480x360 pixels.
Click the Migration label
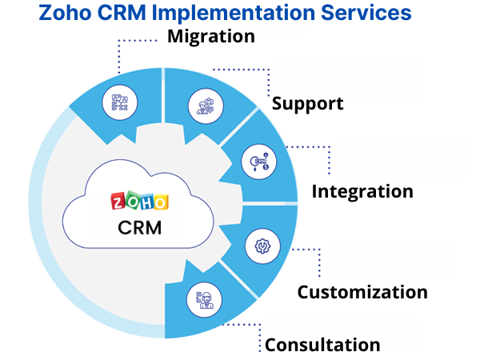pos(211,36)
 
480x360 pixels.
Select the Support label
pos(307,103)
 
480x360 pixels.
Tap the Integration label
pos(362,191)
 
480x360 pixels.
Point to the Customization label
pos(362,292)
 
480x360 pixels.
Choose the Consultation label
pos(322,345)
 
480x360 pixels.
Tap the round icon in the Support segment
pos(200,105)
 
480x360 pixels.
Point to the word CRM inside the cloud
pos(139,226)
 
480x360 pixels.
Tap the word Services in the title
pos(364,13)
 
